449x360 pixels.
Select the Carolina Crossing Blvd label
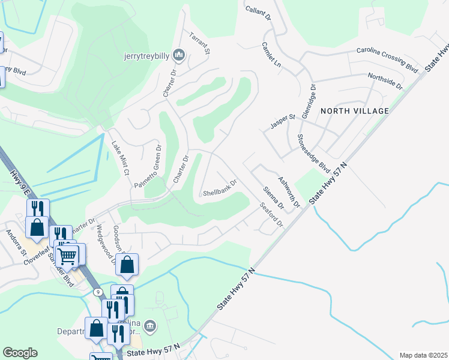(387, 59)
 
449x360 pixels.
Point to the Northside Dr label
(385, 81)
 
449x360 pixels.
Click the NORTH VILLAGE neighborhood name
(355, 111)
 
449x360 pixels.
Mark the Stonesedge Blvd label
(313, 152)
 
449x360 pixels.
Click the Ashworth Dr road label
(289, 192)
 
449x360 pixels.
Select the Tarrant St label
(199, 43)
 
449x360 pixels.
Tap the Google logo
(20, 352)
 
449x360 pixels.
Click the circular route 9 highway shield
(97, 292)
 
